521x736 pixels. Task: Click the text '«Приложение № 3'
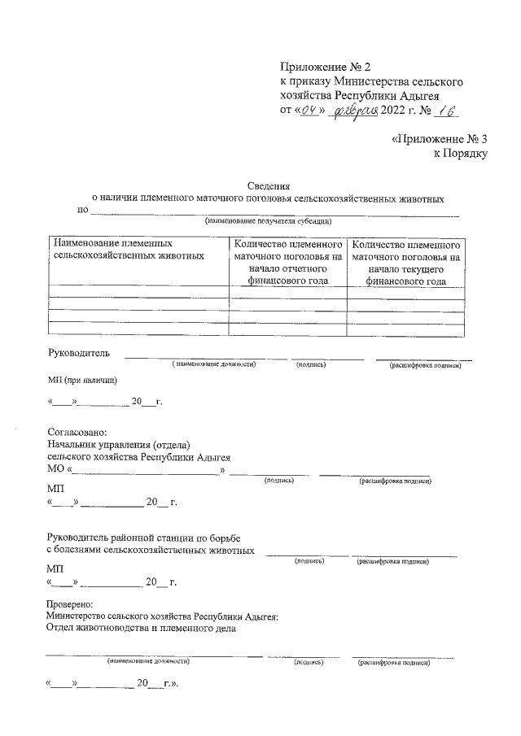click(x=439, y=140)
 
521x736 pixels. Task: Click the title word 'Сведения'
click(x=269, y=185)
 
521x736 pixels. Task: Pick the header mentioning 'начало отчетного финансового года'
click(x=287, y=262)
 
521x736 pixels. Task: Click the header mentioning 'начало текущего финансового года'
click(x=405, y=262)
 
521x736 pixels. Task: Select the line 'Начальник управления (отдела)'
click(x=119, y=445)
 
